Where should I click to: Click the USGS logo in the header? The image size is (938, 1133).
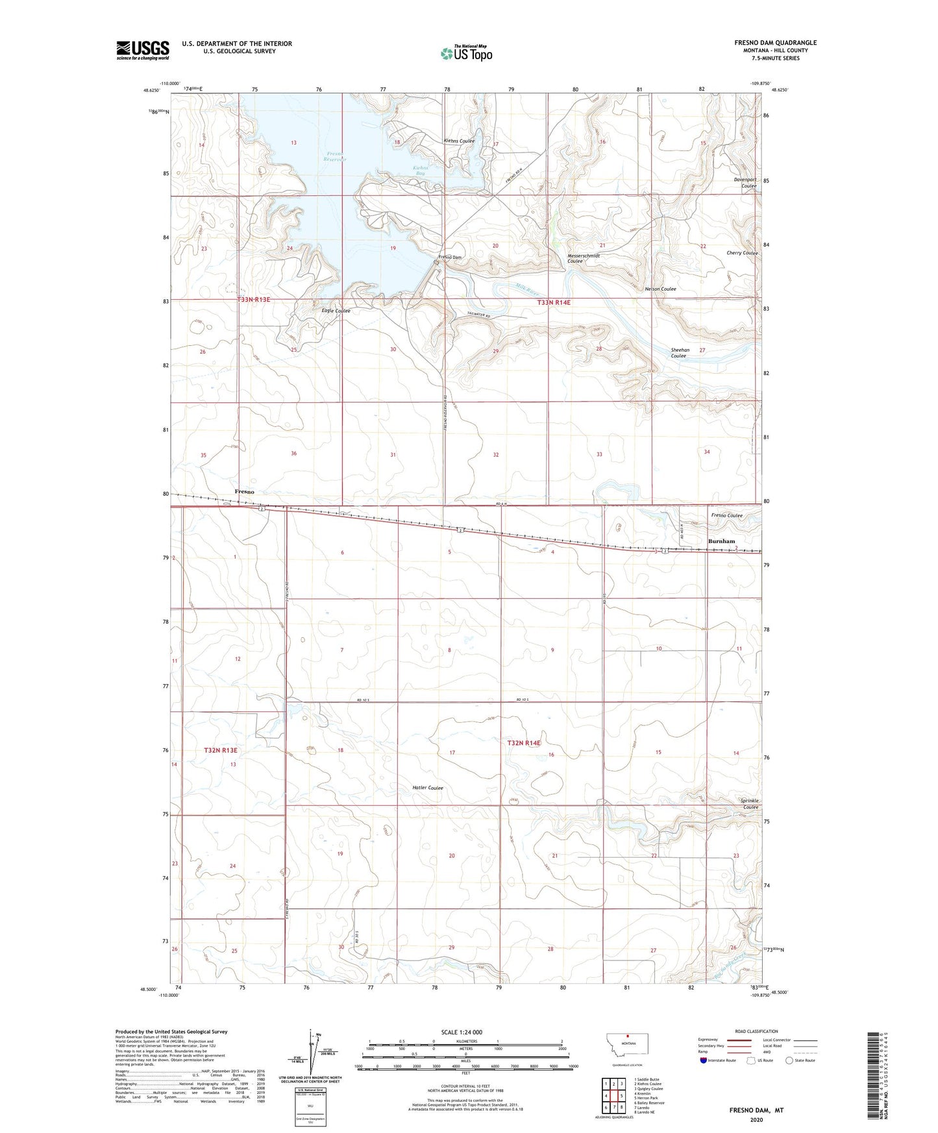point(143,50)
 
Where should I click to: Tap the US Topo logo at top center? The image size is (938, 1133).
point(465,54)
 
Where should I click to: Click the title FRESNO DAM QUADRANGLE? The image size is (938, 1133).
point(775,43)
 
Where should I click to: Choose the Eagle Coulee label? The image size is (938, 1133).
point(336,311)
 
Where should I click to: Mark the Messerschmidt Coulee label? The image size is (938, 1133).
point(584,258)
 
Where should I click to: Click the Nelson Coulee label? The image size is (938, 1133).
point(660,289)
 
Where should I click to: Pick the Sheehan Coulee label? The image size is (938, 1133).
point(679,353)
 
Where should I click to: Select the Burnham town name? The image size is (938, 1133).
point(721,541)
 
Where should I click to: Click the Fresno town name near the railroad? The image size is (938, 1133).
point(244,492)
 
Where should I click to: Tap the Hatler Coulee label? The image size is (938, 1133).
point(428,788)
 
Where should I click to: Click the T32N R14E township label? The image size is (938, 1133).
point(523,742)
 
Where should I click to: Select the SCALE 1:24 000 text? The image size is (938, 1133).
point(460,1032)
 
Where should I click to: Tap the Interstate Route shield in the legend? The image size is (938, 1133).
point(704,1060)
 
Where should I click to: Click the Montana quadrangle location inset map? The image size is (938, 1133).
point(626,1050)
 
